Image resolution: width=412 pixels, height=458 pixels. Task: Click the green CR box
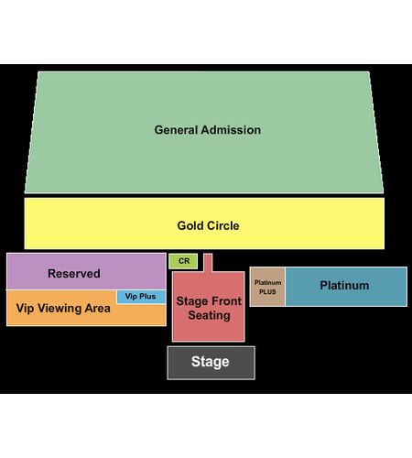(x=183, y=261)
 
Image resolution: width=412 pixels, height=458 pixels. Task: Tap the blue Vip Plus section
(x=141, y=297)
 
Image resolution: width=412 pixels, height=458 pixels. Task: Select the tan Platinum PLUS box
(x=267, y=287)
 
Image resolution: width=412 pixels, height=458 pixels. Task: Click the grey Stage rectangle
(x=211, y=363)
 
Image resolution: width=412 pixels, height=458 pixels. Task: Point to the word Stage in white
(x=211, y=362)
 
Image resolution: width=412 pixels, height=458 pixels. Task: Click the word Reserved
(x=74, y=274)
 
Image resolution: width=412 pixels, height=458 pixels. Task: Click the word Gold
(x=190, y=226)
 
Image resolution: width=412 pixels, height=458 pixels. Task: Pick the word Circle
(x=222, y=226)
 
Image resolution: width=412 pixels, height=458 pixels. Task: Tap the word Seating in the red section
(x=209, y=315)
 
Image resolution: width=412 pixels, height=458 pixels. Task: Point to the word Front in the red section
(x=228, y=301)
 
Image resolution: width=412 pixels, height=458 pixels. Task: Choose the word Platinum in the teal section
(x=344, y=286)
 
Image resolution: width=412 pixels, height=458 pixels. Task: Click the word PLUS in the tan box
(x=267, y=292)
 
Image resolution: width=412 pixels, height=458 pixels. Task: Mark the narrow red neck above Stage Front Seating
(x=208, y=263)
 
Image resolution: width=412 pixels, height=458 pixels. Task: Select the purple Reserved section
(x=86, y=271)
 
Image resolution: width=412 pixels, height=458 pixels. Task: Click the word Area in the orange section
(x=97, y=309)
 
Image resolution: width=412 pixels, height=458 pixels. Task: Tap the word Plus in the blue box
(x=147, y=297)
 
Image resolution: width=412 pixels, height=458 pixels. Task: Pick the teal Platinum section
(x=346, y=287)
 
